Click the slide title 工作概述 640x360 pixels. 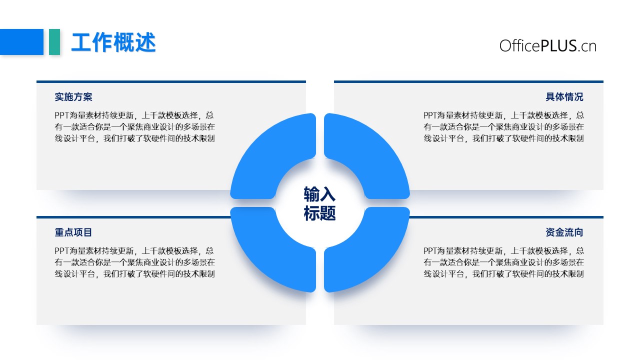pos(113,42)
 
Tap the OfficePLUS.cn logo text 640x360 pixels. pos(547,46)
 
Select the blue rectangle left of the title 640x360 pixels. pos(21,41)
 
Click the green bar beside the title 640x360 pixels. pos(54,41)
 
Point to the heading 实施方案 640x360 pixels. pos(73,97)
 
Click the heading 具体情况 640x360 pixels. pos(564,97)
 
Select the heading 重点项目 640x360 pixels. pos(73,232)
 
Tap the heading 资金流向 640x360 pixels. pos(564,232)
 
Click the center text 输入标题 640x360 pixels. pos(319,203)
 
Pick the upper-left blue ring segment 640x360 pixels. pos(265,148)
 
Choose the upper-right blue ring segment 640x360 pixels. pos(374,148)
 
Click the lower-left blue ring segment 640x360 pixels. pos(265,257)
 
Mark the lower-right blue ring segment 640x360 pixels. pos(374,257)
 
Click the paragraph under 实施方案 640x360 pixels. pos(134,127)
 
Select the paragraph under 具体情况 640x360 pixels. pos(503,127)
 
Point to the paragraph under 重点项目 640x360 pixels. pos(134,262)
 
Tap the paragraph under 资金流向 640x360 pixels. pos(503,262)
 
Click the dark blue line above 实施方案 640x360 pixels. pos(171,81)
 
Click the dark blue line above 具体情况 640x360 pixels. pos(468,81)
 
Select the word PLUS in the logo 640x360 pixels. pos(558,46)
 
